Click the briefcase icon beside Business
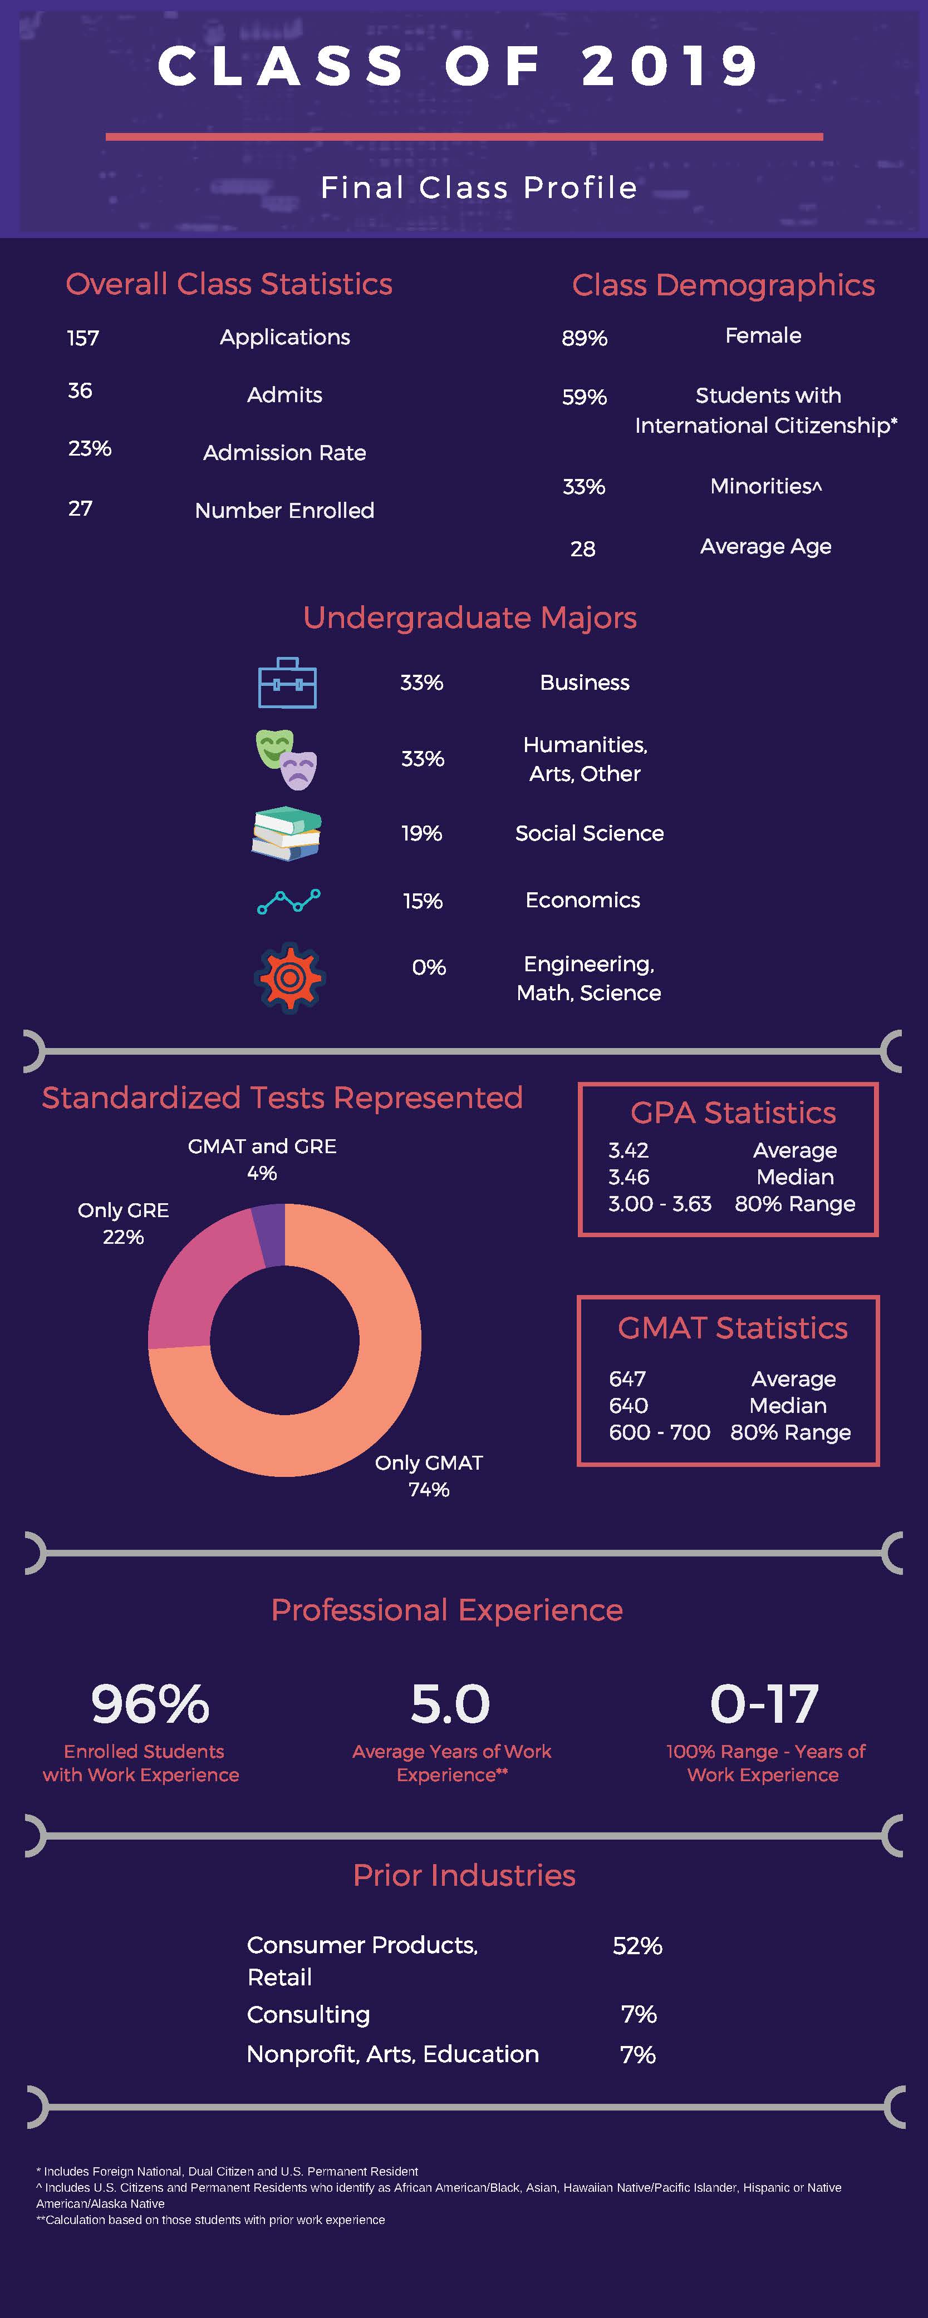(x=287, y=683)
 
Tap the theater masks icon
(x=286, y=759)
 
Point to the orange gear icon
(x=289, y=978)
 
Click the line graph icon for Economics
(x=288, y=901)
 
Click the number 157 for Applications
(x=83, y=338)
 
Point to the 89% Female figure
(x=584, y=338)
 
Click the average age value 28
(x=582, y=549)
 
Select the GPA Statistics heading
(x=733, y=1113)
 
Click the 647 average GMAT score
(x=627, y=1378)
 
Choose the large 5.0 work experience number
(x=450, y=1704)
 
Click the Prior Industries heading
(x=464, y=1875)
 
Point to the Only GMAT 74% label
(x=429, y=1476)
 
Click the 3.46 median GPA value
(x=629, y=1177)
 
